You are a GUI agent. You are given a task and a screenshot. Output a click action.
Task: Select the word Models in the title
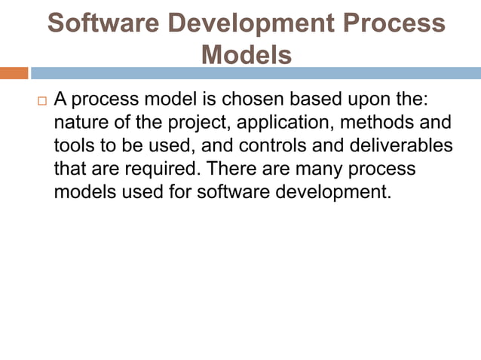[x=247, y=54]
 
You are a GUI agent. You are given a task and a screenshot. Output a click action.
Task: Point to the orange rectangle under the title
[x=14, y=73]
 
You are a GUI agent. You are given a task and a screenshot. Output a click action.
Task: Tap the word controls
[x=292, y=145]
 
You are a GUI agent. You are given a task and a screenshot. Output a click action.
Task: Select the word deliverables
[x=405, y=145]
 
